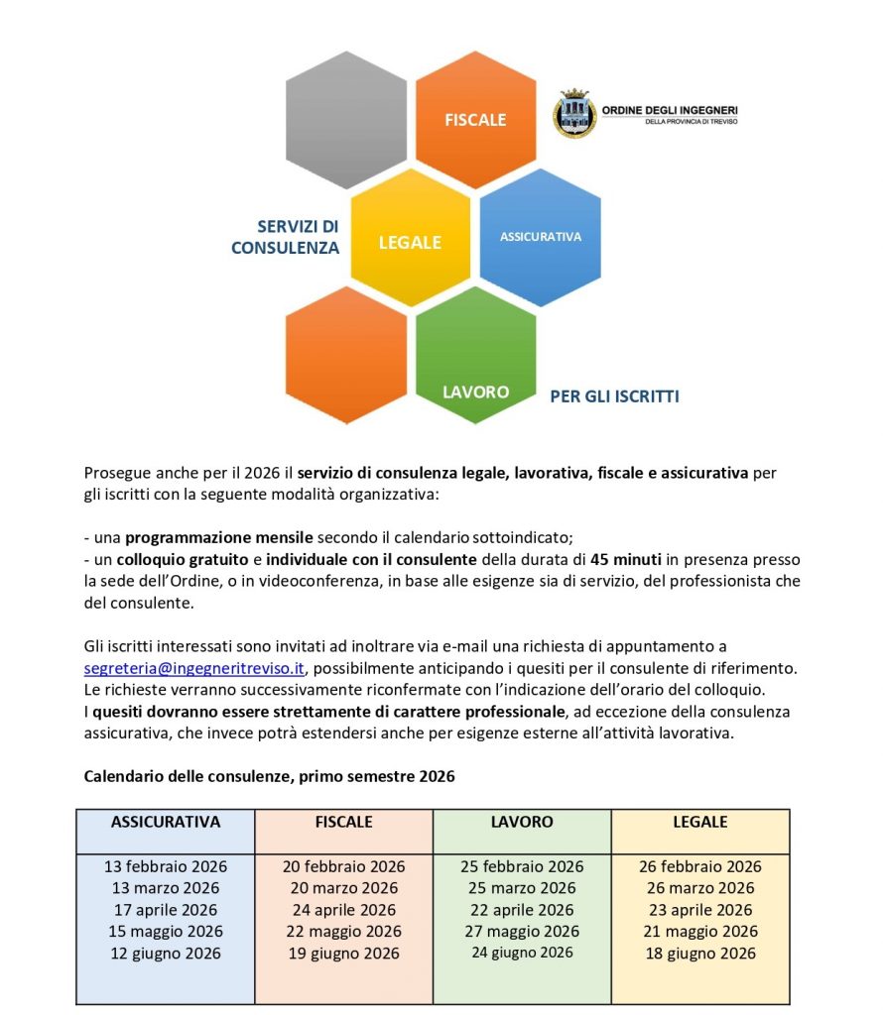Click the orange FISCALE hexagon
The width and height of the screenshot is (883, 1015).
coord(475,119)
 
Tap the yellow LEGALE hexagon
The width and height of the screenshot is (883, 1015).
coord(410,241)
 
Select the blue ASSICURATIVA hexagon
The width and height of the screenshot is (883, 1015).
coord(541,238)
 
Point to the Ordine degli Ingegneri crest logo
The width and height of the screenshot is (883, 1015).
coord(574,113)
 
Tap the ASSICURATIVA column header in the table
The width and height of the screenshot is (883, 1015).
coord(166,822)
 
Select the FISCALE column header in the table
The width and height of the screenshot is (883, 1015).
coord(343,822)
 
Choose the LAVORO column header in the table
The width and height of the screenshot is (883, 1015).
coord(522,822)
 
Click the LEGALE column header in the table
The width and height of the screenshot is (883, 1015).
coord(700,822)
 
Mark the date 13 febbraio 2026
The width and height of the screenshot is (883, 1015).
coord(166,866)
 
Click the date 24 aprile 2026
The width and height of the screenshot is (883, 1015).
coord(343,910)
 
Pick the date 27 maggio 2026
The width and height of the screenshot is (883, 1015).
coord(522,931)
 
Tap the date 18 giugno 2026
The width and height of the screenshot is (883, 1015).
coord(700,953)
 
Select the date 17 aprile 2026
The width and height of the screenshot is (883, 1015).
coord(166,910)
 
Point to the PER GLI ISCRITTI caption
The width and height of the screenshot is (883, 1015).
coord(614,396)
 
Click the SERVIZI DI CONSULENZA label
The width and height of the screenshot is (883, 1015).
coord(286,237)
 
